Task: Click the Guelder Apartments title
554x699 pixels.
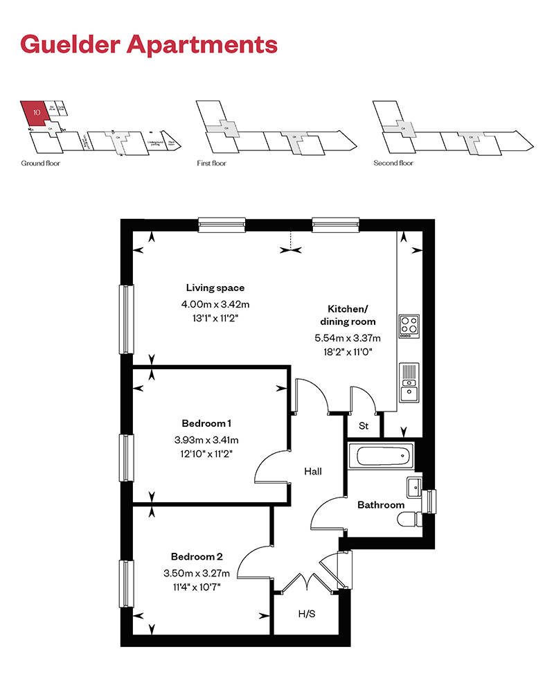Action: coord(149,44)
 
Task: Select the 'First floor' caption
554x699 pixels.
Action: coord(212,163)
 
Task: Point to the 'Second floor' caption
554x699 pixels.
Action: coord(393,163)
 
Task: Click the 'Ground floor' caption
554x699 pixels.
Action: coord(37,163)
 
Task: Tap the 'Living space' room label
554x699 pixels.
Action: coord(215,287)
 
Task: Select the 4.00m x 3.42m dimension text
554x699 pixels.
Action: coord(215,303)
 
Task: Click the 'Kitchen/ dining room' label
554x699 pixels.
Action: coord(348,315)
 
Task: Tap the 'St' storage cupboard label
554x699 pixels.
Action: coord(363,426)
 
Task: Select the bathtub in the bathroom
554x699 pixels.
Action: coord(382,456)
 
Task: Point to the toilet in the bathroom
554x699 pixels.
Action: coord(413,517)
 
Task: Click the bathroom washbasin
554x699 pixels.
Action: coord(413,486)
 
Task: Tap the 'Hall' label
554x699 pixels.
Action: coord(313,471)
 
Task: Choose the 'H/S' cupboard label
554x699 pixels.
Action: coord(306,613)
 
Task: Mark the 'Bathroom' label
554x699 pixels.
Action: coord(381,505)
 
